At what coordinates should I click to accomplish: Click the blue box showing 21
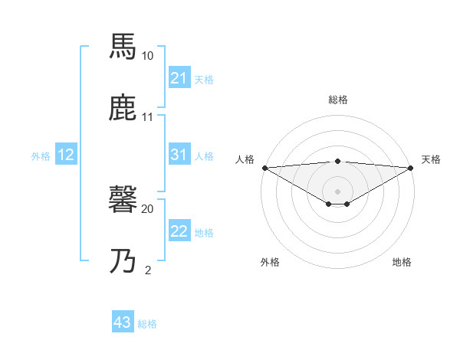179,78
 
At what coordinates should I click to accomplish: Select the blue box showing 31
179,155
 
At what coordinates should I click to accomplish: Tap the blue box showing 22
179,231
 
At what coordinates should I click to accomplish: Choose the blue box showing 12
66,155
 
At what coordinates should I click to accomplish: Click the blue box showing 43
123,322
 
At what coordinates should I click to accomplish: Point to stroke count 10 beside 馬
148,56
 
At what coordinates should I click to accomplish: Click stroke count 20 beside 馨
148,208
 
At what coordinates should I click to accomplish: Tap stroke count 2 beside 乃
148,270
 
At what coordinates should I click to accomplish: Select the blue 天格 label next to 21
204,79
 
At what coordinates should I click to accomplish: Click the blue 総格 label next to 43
147,324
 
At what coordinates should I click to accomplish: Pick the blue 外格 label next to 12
41,155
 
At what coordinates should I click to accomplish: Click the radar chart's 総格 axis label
338,100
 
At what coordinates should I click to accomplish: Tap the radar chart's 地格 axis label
402,262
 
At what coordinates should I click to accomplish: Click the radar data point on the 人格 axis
264,167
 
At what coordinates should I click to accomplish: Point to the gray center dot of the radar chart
338,191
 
